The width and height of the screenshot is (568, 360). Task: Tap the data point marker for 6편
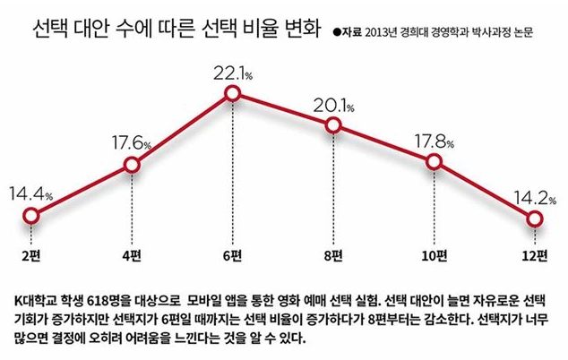point(233,92)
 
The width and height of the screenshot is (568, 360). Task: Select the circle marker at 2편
point(30,216)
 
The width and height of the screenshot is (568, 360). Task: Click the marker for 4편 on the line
point(132,165)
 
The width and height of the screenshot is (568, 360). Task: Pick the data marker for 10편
point(435,162)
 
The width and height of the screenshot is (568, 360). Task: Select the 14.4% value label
point(30,192)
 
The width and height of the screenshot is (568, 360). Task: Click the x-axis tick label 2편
point(30,257)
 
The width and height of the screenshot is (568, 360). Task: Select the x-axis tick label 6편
point(233,257)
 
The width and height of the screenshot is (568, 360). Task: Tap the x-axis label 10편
point(435,257)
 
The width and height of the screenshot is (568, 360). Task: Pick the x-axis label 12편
point(535,257)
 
